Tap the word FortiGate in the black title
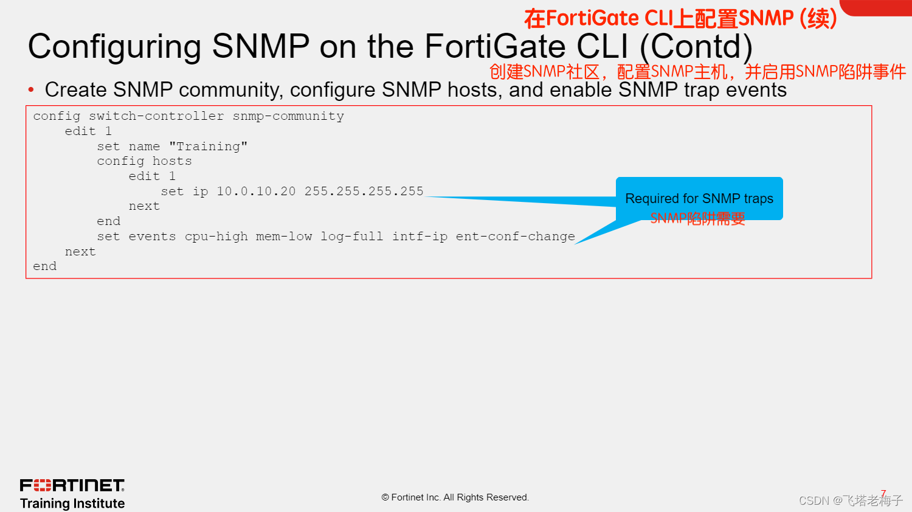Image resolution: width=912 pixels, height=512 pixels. tap(495, 47)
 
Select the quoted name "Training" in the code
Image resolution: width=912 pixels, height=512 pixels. tap(208, 147)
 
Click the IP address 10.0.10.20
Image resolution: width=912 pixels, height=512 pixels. tap(256, 192)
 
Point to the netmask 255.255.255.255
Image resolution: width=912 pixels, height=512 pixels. tap(364, 192)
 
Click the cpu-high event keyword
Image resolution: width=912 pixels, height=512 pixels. tap(216, 237)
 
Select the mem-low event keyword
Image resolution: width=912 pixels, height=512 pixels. tap(284, 237)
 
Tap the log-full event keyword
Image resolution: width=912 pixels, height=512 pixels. tap(351, 237)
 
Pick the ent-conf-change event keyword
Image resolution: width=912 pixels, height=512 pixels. tap(515, 237)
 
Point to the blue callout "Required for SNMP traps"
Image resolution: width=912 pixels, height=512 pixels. tap(699, 199)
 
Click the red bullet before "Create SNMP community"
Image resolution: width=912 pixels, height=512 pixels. tap(31, 90)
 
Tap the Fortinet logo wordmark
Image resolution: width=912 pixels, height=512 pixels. tap(72, 485)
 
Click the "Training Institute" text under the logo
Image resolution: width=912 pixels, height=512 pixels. tap(72, 503)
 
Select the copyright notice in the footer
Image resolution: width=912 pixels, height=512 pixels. tap(455, 497)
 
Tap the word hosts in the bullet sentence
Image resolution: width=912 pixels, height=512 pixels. tap(472, 90)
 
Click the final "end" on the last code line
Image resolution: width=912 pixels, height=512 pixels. tap(44, 266)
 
